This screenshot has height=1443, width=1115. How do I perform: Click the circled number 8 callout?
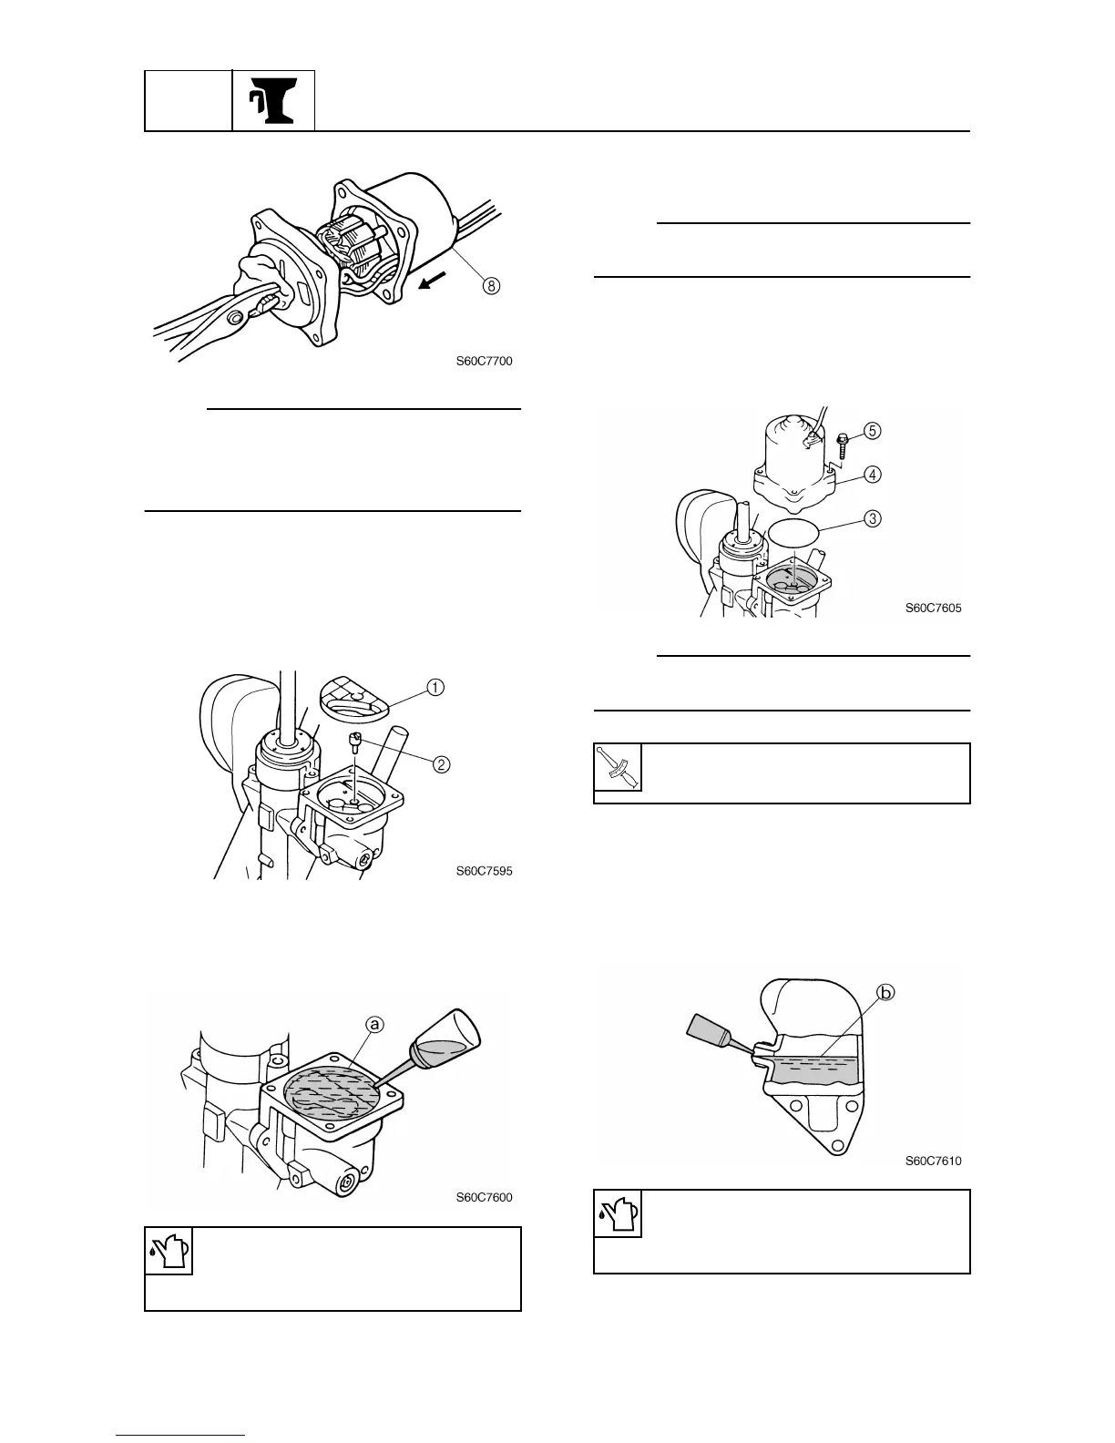tap(492, 285)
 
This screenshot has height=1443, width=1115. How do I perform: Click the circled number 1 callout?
tap(436, 688)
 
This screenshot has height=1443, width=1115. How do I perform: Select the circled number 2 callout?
tap(441, 764)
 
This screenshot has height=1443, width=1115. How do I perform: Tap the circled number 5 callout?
tap(873, 431)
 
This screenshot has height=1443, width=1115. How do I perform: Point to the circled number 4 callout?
tap(873, 474)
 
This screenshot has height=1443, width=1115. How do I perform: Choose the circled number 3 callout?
tap(873, 518)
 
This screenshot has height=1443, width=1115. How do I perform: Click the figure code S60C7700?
tap(484, 361)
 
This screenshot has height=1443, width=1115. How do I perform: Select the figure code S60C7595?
tap(484, 871)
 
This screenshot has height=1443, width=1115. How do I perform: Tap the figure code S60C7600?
tap(484, 1197)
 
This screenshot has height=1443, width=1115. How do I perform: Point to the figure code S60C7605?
tap(933, 607)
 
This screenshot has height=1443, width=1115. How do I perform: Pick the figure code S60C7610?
tap(933, 1161)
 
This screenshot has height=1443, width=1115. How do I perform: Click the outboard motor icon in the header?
tap(273, 99)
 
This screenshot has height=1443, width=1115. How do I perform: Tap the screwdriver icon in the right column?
tap(618, 767)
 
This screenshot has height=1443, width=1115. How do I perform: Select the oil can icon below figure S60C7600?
tap(169, 1251)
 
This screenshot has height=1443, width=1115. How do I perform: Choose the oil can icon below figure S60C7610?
tap(618, 1213)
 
